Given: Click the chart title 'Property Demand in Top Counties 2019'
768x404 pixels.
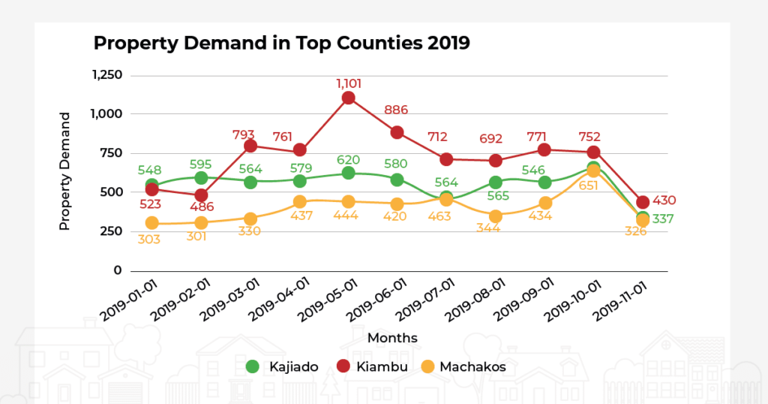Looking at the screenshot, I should coord(281,43).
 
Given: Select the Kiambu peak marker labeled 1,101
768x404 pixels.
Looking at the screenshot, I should coord(348,98).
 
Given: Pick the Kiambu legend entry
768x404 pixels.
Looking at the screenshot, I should coord(373,366).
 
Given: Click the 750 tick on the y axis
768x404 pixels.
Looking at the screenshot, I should coord(112,153).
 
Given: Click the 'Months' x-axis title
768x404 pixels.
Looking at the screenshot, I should coord(392,338).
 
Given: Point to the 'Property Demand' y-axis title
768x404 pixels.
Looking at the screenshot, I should coord(64,171).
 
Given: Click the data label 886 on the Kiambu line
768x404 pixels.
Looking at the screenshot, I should coord(396,110).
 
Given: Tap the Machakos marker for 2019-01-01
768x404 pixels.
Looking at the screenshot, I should coord(152,223).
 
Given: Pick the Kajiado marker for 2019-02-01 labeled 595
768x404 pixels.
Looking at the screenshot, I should coord(201,178).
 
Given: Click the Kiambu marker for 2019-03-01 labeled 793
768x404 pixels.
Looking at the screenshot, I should coord(250,146).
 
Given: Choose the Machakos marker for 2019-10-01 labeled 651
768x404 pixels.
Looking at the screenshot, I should coord(593,171).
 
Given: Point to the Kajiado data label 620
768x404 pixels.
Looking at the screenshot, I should coord(348,159).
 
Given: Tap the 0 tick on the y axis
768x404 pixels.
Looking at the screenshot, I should coord(117,270).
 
